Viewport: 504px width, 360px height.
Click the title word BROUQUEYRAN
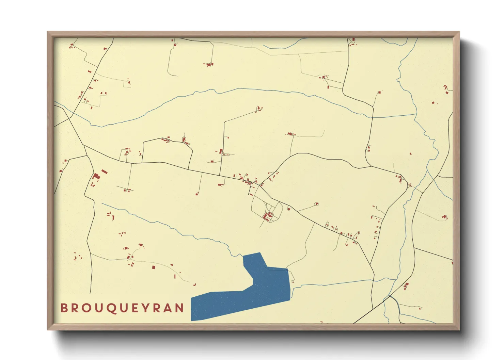point(122,308)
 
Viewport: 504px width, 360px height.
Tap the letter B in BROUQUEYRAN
point(64,308)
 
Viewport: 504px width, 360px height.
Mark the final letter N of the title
point(180,308)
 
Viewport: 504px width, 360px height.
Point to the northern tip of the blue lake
point(260,253)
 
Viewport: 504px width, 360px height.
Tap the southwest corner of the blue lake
point(191,320)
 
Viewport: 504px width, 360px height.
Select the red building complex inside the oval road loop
point(269,215)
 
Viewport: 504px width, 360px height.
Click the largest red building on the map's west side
point(96,176)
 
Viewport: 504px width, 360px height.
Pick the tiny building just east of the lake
point(293,281)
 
